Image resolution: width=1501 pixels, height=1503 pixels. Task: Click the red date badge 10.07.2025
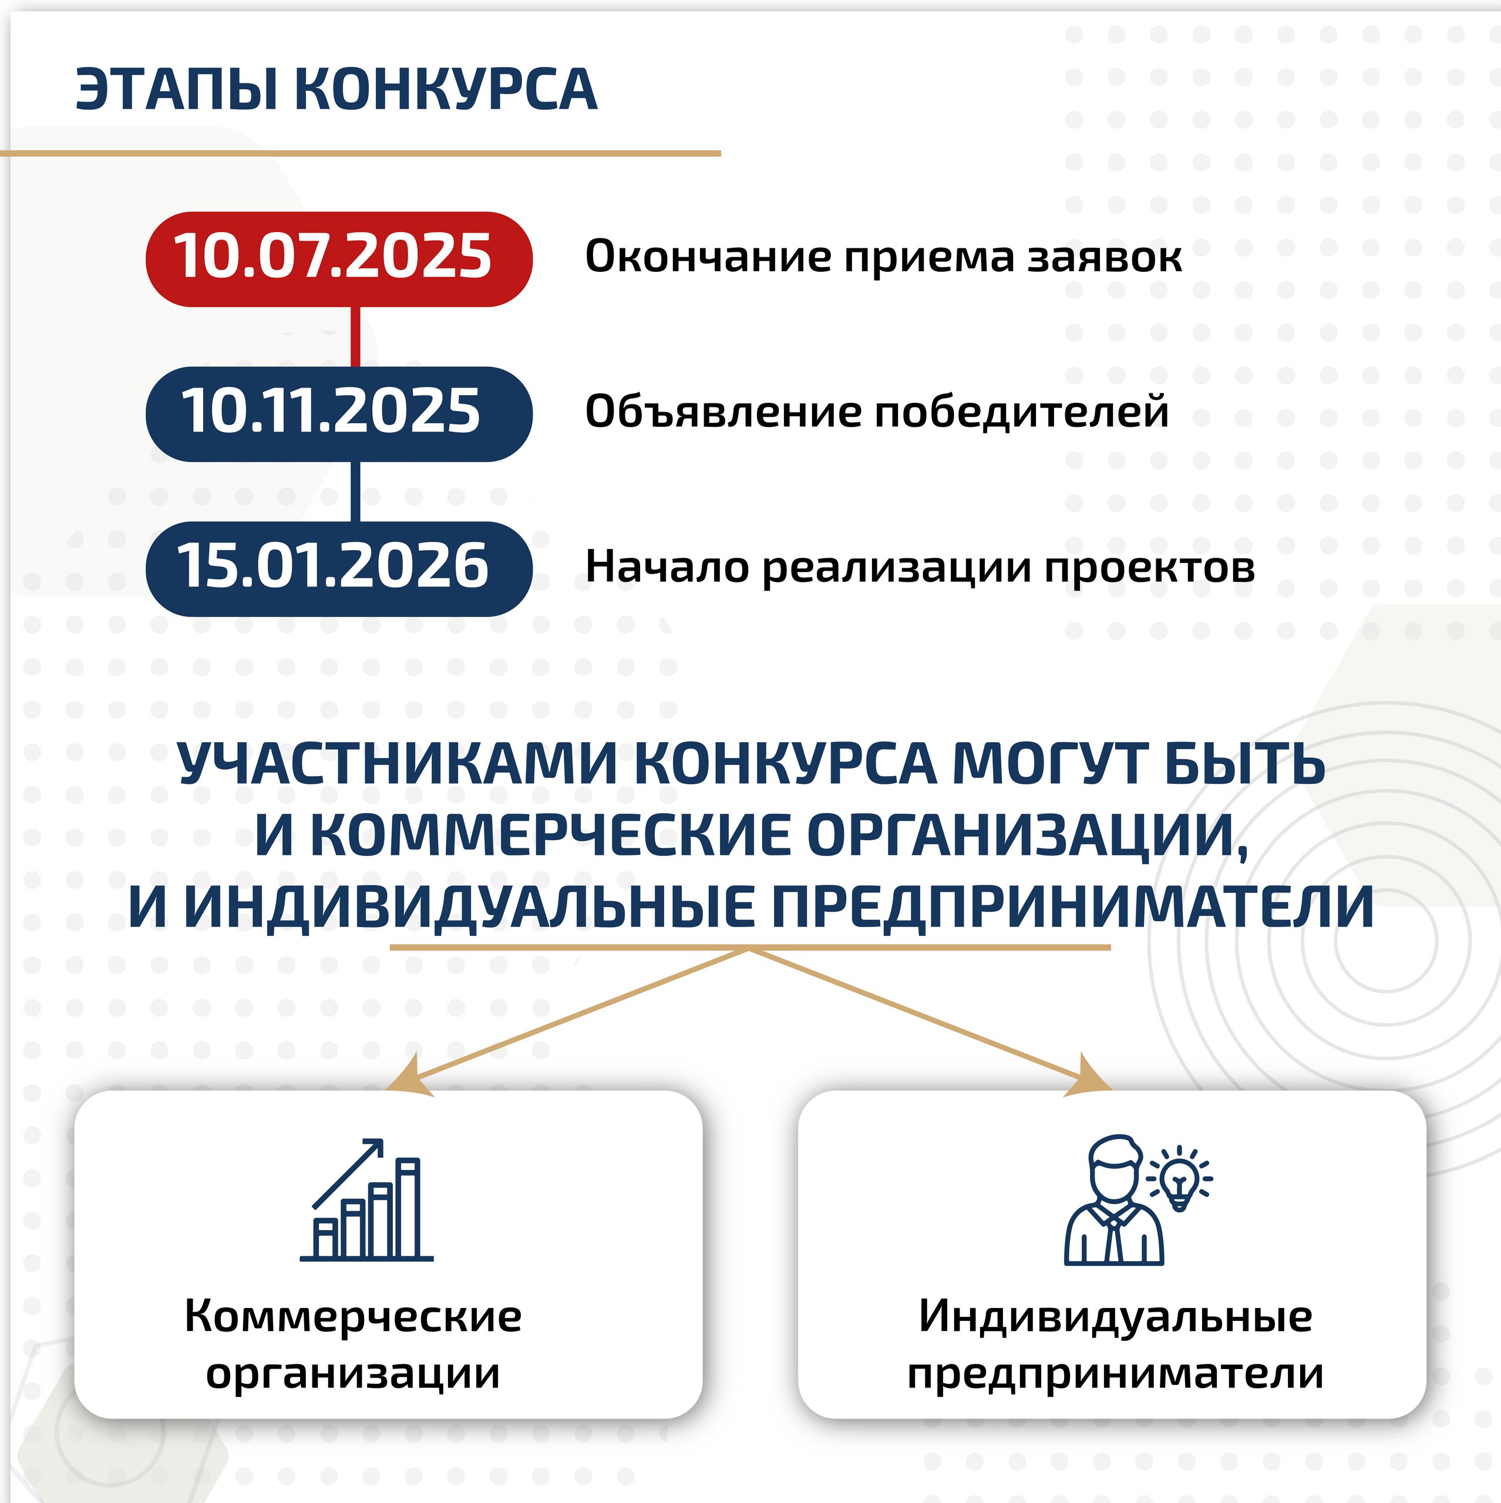tap(338, 259)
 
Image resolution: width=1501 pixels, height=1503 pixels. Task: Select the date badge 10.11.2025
tap(338, 414)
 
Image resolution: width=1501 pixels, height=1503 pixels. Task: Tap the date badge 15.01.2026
tap(338, 569)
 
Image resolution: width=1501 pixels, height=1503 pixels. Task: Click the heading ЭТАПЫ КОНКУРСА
tap(336, 89)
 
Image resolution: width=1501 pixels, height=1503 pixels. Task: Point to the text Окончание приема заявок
tap(883, 257)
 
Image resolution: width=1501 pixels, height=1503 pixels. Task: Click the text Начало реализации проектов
tap(920, 567)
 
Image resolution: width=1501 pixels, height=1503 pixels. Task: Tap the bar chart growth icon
tap(366, 1201)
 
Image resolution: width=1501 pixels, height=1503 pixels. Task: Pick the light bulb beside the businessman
tap(1180, 1178)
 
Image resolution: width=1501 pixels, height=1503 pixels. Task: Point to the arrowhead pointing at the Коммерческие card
tap(410, 1079)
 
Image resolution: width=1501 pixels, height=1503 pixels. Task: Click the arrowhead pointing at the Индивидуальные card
tap(1088, 1079)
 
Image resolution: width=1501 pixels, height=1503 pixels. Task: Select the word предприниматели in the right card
tap(1115, 1374)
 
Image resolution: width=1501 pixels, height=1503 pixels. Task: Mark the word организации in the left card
tap(352, 1374)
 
